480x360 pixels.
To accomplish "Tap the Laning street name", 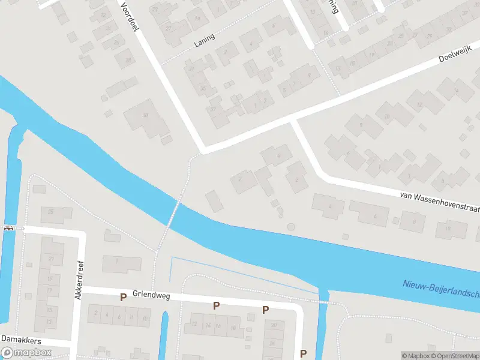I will (x=205, y=40).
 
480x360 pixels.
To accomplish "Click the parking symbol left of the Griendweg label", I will (x=123, y=297).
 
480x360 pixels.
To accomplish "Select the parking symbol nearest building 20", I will (x=265, y=310).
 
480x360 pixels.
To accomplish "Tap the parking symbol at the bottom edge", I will (x=303, y=353).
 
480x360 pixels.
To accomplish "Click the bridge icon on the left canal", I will (x=9, y=228).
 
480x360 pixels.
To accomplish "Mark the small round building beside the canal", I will (x=292, y=227).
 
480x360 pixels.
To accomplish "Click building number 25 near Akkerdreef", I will (x=52, y=212).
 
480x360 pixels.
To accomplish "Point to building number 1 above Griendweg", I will (x=117, y=262).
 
